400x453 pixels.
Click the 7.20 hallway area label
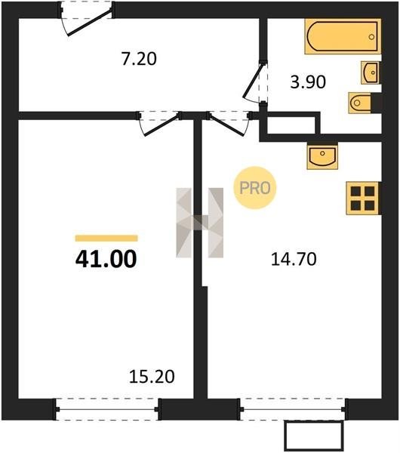(x=139, y=59)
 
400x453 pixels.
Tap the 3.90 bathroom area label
(x=308, y=82)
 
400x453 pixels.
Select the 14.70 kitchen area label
(x=294, y=259)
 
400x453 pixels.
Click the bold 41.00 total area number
(x=106, y=259)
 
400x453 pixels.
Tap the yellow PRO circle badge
(x=255, y=188)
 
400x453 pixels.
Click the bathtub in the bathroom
(x=343, y=36)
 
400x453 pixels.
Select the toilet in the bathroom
(x=360, y=103)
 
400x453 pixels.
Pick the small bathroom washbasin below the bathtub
(x=370, y=72)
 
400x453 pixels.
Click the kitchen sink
(x=322, y=156)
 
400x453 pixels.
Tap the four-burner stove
(x=362, y=198)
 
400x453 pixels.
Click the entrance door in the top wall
(x=87, y=19)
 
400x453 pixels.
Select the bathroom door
(x=255, y=82)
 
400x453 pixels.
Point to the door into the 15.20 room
(x=159, y=122)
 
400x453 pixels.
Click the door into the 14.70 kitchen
(x=229, y=122)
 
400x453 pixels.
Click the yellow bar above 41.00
(x=106, y=238)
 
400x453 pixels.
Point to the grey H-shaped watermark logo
(x=199, y=223)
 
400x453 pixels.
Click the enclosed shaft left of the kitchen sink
(x=291, y=125)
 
